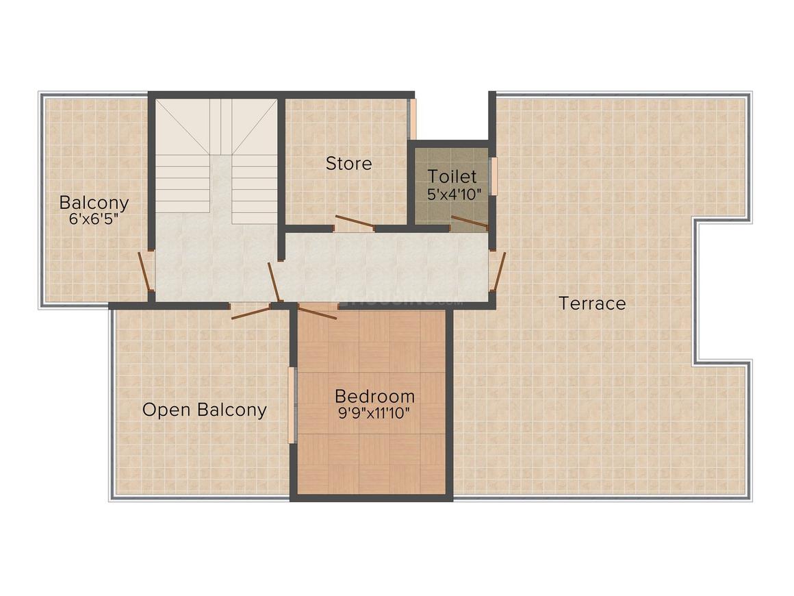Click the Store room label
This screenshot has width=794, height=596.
(348, 164)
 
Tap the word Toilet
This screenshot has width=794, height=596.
(452, 176)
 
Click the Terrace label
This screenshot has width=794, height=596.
(592, 303)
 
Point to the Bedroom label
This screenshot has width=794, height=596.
(374, 396)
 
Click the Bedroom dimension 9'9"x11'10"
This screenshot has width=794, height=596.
(374, 413)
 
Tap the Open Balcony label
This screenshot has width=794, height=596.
(204, 410)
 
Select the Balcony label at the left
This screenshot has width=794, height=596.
(94, 203)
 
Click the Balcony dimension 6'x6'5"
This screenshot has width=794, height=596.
(93, 219)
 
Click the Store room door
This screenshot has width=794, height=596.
(355, 222)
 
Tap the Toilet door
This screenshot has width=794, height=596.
(469, 222)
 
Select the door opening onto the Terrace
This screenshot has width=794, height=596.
(499, 271)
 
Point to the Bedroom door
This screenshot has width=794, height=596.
(318, 312)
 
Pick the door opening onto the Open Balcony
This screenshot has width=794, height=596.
(251, 313)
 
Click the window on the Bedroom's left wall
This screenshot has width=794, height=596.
(292, 405)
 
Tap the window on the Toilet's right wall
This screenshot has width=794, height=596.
(492, 176)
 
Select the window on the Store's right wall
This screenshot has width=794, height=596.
(412, 120)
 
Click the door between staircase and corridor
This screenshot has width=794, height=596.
(274, 282)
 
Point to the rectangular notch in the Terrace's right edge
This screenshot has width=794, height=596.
(723, 291)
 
